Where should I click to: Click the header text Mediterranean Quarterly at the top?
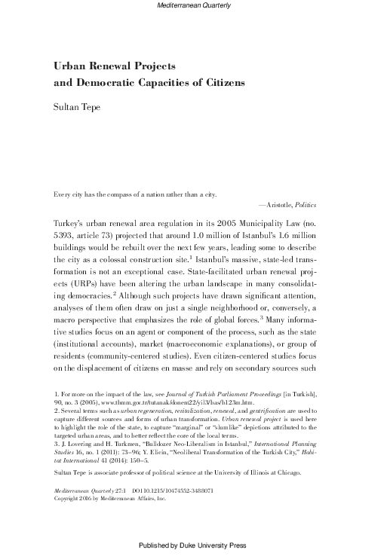pyautogui.click(x=193, y=6)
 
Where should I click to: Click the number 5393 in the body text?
pyautogui.click(x=66, y=240)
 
